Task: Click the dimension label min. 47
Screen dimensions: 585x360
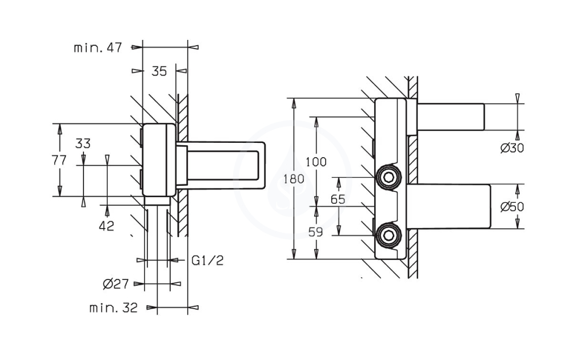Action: pyautogui.click(x=98, y=48)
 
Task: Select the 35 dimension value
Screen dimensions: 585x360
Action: pyautogui.click(x=159, y=71)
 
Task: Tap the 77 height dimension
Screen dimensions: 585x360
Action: pyautogui.click(x=59, y=160)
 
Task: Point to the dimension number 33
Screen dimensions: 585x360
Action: pyautogui.click(x=83, y=143)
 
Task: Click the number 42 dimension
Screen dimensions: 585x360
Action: pyautogui.click(x=106, y=226)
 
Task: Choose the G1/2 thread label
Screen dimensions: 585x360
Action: pyautogui.click(x=207, y=261)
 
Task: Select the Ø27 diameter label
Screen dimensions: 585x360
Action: pyautogui.click(x=115, y=284)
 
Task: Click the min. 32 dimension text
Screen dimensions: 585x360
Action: pyautogui.click(x=114, y=308)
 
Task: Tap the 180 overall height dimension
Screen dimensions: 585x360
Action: pyautogui.click(x=294, y=179)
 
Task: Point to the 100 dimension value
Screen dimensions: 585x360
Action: pyautogui.click(x=316, y=162)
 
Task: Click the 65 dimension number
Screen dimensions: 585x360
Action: pyautogui.click(x=338, y=199)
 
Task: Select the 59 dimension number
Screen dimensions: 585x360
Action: pyautogui.click(x=315, y=232)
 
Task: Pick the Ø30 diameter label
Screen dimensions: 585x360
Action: pyautogui.click(x=512, y=148)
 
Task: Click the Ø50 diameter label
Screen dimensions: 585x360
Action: pyautogui.click(x=512, y=206)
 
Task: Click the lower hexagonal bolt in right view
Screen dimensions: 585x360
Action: pyautogui.click(x=388, y=235)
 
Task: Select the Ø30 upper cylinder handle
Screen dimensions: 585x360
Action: pyautogui.click(x=450, y=117)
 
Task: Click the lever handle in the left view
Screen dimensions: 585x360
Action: pyautogui.click(x=221, y=165)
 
